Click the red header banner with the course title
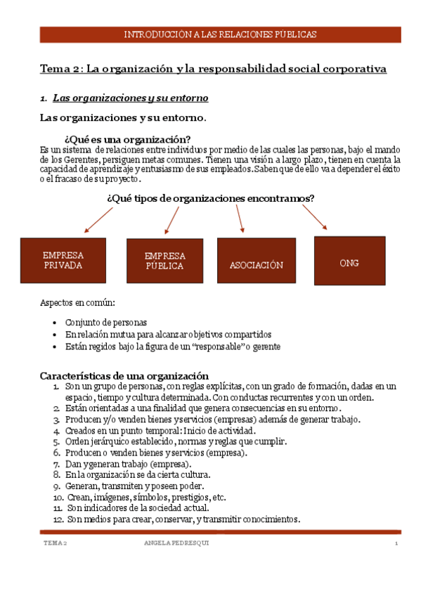[x=220, y=34]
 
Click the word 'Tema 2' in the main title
[x=61, y=69]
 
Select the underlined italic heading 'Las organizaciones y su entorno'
[x=131, y=97]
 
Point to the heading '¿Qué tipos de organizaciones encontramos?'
[x=210, y=198]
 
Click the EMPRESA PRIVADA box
[x=63, y=260]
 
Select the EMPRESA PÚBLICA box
[x=164, y=261]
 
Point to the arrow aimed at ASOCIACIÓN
[x=239, y=219]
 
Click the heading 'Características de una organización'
[x=124, y=375]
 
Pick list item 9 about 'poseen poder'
[x=134, y=486]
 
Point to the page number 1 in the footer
[x=396, y=544]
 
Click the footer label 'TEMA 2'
[x=55, y=544]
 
